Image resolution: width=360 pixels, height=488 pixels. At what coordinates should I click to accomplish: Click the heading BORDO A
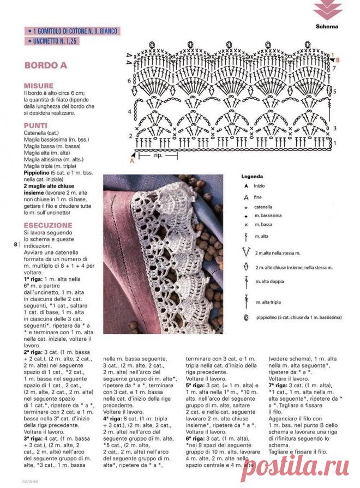click(x=45, y=65)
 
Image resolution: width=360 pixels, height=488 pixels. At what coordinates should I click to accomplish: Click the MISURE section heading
click(x=38, y=86)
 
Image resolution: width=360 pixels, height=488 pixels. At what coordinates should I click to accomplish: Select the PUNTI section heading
click(x=35, y=125)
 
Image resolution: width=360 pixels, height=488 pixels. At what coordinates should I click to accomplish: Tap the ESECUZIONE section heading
click(x=48, y=225)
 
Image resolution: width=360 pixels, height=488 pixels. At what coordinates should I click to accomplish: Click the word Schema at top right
click(x=327, y=26)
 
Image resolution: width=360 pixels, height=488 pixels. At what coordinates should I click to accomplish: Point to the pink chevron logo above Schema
click(x=328, y=9)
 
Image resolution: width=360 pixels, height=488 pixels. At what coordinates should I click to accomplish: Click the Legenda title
click(x=251, y=177)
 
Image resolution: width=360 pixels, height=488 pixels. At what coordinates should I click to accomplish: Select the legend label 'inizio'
click(x=260, y=186)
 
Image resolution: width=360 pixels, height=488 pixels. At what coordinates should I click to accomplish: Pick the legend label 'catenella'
click(x=265, y=207)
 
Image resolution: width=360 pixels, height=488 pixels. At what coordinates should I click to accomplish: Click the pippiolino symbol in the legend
click(x=246, y=317)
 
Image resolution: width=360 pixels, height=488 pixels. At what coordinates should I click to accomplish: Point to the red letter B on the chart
click(x=338, y=60)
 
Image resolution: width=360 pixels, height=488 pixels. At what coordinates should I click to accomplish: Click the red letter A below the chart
click(x=131, y=161)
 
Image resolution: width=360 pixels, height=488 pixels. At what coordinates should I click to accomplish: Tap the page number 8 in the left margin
click(x=15, y=245)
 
